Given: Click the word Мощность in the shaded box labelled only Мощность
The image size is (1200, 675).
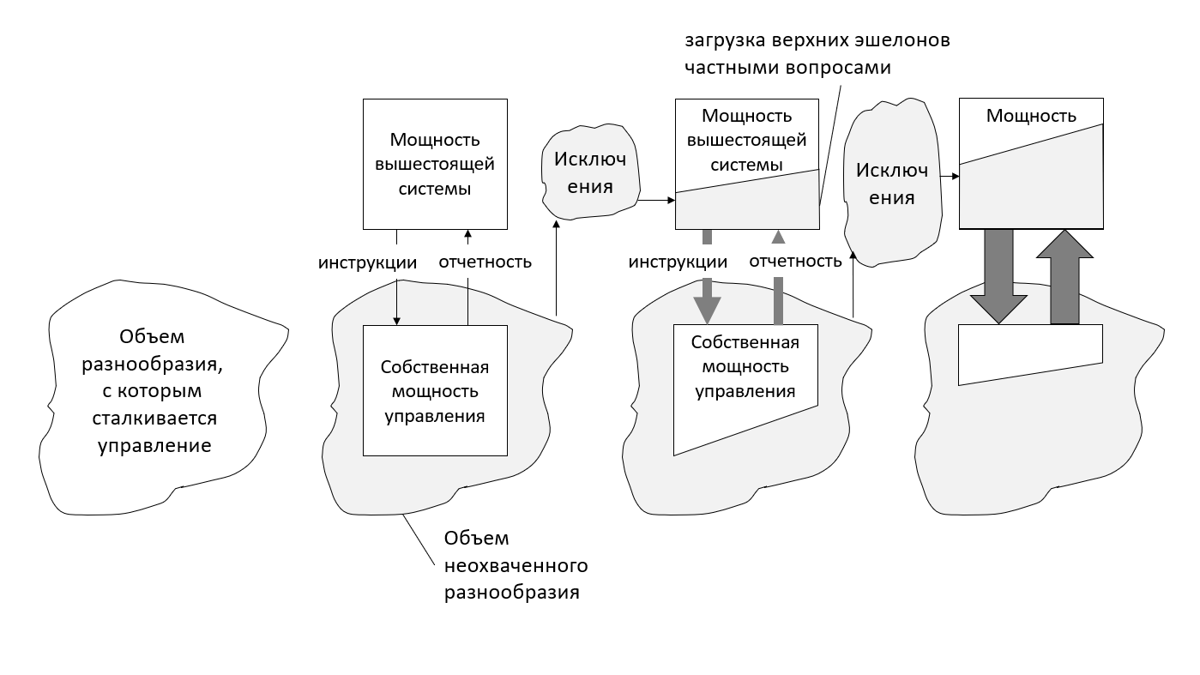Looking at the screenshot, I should [1031, 116].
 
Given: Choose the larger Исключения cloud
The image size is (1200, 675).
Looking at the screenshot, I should [892, 184].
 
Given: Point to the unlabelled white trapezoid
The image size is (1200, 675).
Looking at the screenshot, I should [1029, 352].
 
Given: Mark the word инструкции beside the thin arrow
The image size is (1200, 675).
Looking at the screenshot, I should [367, 262].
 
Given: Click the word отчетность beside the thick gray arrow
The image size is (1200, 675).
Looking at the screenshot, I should [795, 261].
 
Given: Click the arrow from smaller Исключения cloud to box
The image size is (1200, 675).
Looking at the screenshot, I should [657, 201].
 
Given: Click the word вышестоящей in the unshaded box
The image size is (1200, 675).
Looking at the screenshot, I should [435, 164].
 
